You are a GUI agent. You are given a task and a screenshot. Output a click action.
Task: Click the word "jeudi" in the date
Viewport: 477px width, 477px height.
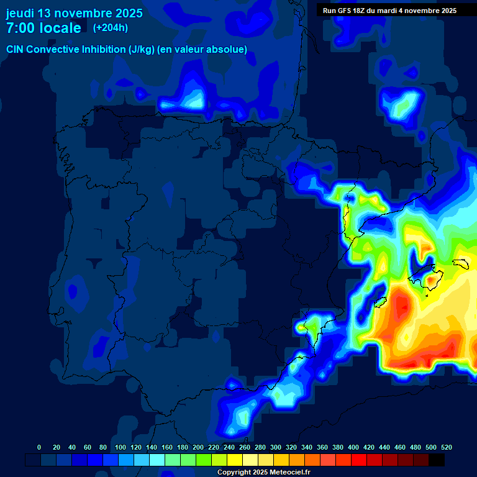pos(20,13)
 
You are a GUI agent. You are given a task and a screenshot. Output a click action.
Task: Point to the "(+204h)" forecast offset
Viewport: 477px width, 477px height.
pos(111,28)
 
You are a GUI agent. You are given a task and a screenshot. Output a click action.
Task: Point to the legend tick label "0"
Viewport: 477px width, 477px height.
pos(39,448)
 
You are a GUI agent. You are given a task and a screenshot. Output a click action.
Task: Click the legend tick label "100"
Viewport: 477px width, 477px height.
pos(119,448)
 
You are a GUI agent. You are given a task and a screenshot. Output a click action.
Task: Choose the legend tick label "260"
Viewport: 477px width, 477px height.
pos(245,448)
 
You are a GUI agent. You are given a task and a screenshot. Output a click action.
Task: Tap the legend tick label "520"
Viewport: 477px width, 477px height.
pos(446,448)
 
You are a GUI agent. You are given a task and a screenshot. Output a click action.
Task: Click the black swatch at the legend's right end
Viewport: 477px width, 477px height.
pos(437,460)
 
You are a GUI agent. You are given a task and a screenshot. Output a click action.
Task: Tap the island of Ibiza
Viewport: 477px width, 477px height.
pos(376,303)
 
